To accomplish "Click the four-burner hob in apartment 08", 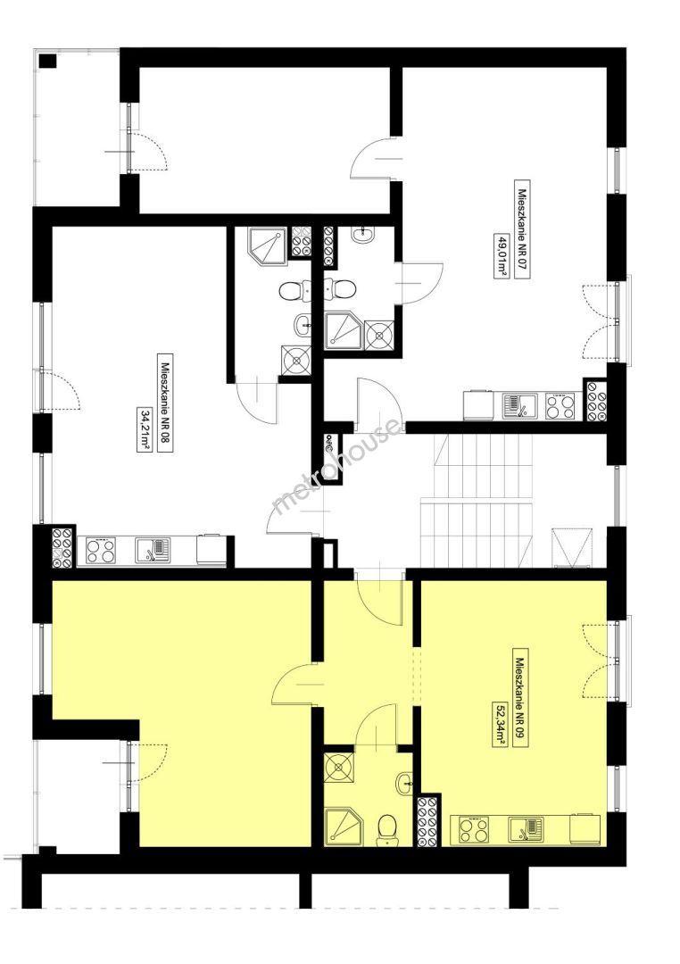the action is point(102,550).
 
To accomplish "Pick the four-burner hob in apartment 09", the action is point(473,830).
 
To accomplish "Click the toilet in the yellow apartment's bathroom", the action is point(386,827).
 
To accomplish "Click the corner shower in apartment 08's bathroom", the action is point(268,245).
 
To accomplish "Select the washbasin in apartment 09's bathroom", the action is point(404,782).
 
